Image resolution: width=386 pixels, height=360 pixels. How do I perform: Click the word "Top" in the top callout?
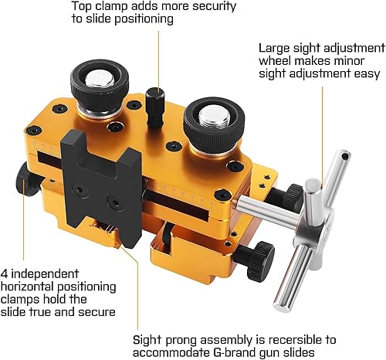[82, 7]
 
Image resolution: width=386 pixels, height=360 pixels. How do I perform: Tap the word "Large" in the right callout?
[276, 46]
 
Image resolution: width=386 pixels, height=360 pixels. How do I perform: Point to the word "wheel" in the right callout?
[276, 60]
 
